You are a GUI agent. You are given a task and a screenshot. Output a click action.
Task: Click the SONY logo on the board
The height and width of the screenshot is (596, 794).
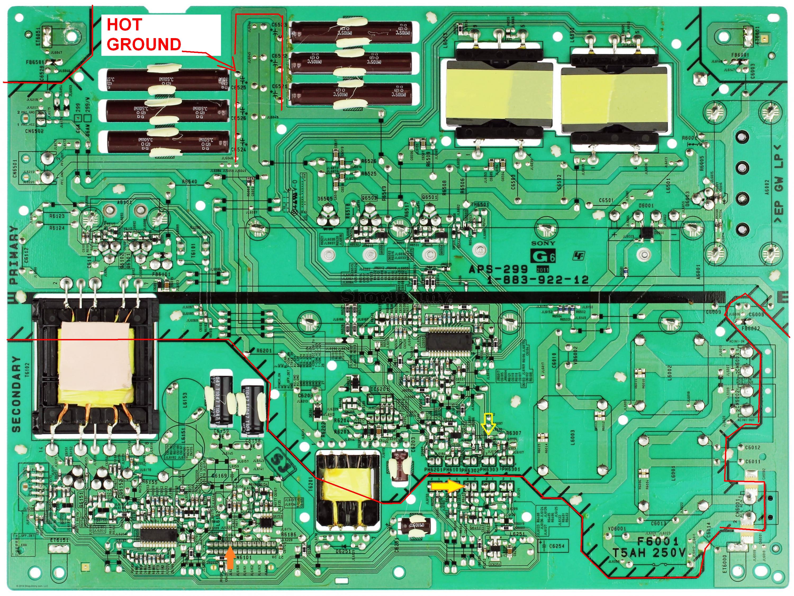pos(543,243)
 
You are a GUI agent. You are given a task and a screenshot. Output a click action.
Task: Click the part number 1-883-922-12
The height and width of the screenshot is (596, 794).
pos(537,280)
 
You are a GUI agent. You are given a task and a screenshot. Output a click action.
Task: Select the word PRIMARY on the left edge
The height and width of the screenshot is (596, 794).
pos(14,255)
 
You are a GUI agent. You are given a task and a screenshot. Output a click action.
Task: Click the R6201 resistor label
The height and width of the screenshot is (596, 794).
pos(264,350)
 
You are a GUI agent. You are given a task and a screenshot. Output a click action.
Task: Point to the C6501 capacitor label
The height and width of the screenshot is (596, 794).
pos(606,200)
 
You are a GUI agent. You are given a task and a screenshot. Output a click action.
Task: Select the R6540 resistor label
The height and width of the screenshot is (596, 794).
pos(189,182)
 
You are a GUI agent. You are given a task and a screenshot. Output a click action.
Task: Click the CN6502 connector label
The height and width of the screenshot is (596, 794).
pos(34,131)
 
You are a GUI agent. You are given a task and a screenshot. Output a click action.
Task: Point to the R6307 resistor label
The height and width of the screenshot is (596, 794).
pos(513,433)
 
